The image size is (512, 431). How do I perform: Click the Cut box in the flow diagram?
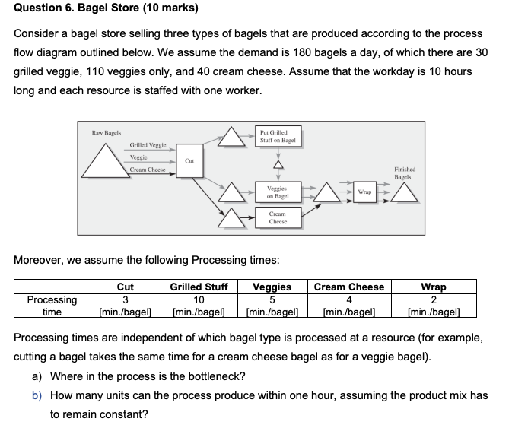pos(189,161)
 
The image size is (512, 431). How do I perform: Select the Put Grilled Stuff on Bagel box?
pos(277,136)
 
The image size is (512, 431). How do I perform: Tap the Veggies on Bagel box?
pos(278,192)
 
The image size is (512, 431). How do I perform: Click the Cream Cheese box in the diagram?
pos(278,218)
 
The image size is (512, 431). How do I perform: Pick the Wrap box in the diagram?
pos(364,192)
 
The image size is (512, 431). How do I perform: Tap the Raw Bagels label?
pos(107,133)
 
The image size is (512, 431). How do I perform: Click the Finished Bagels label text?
pos(403,173)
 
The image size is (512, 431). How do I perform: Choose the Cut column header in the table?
pos(126,287)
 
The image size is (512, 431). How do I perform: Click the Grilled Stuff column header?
pos(198,287)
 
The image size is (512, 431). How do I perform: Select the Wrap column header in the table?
pos(434,287)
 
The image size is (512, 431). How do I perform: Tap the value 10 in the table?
pos(198,299)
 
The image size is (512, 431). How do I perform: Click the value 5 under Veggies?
pos(272,299)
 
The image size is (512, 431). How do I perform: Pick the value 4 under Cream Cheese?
pos(348,299)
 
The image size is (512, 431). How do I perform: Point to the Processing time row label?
pos(52,306)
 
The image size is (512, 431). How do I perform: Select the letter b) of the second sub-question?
pos(36,395)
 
